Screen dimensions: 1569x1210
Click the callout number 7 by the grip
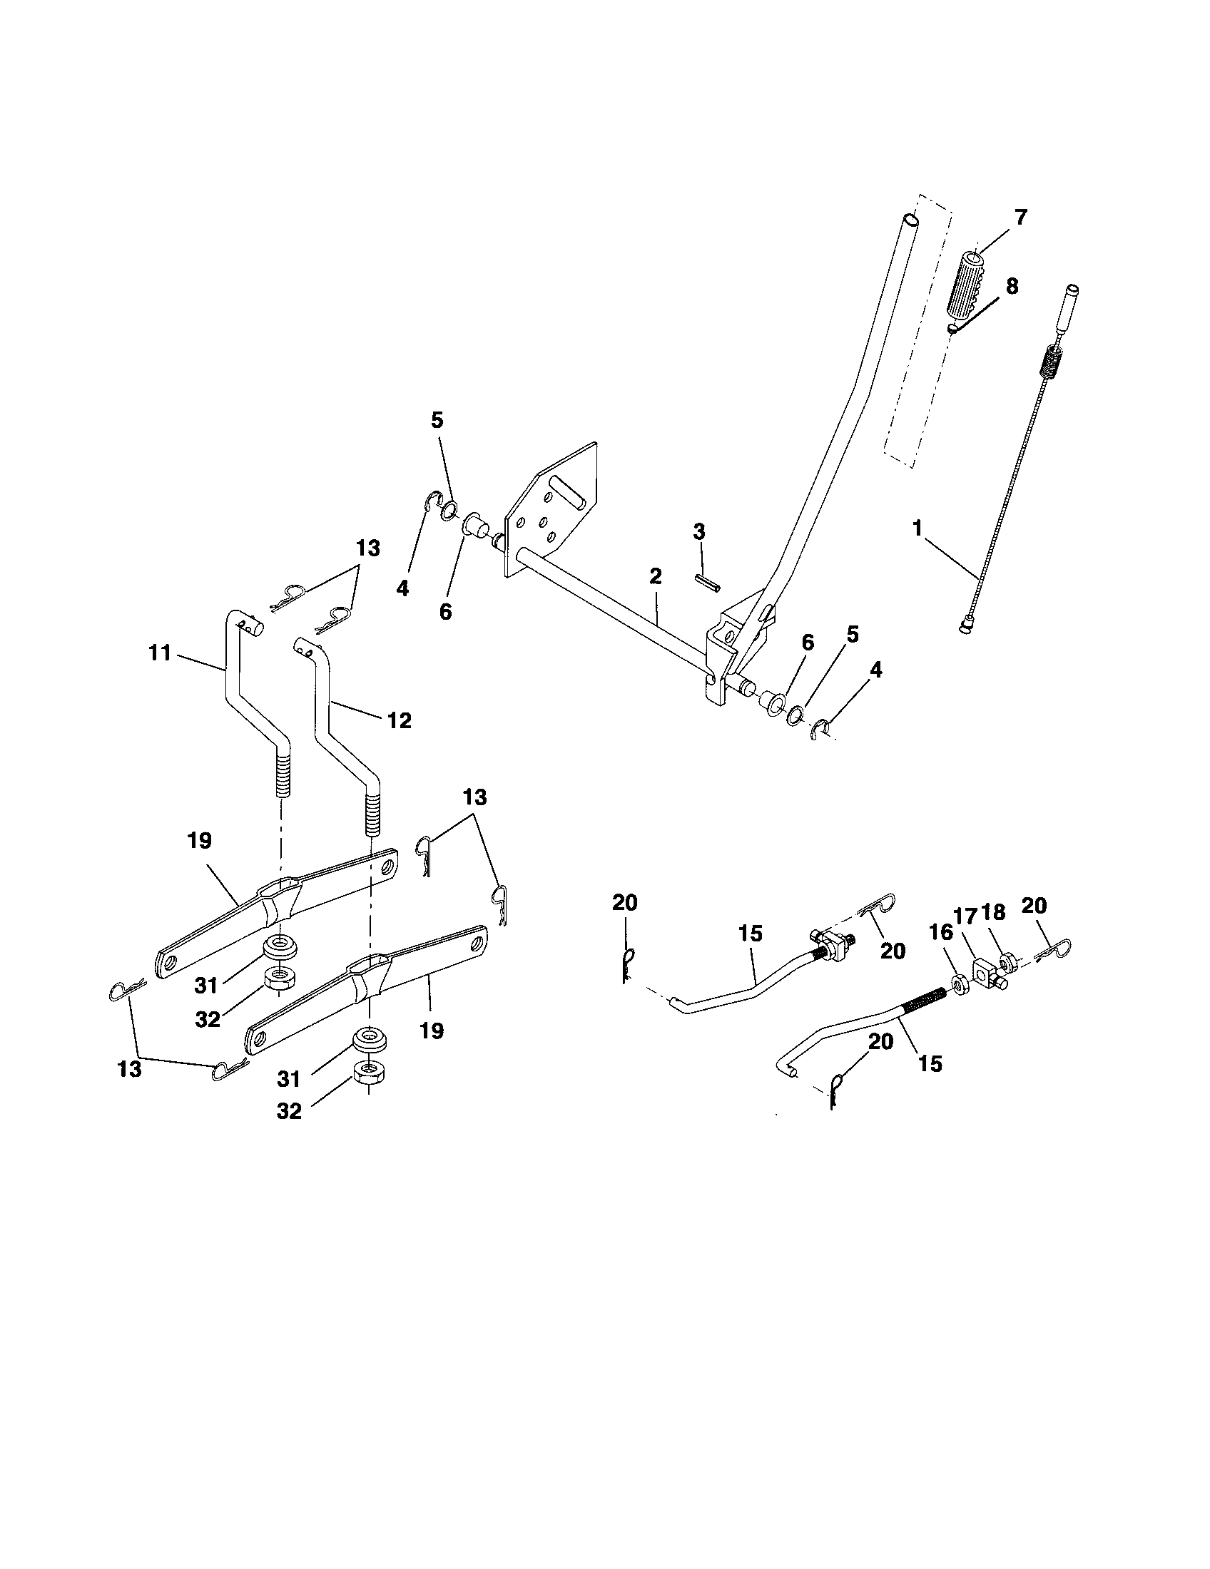(1020, 217)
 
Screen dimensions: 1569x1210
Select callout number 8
(1012, 286)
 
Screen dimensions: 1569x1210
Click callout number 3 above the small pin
(699, 532)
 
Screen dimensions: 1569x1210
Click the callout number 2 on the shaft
(654, 576)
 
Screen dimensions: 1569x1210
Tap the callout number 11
(160, 653)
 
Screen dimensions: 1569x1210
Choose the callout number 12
(399, 720)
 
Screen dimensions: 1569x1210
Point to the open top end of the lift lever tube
(910, 218)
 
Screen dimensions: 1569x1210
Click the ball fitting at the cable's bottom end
(965, 626)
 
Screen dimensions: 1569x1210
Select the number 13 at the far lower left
(129, 1069)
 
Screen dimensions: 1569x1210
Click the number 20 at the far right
(1034, 906)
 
